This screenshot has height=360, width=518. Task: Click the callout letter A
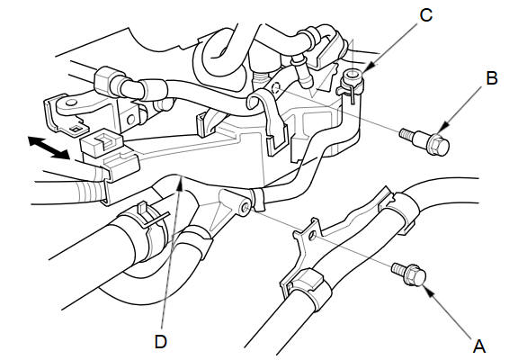click(x=479, y=346)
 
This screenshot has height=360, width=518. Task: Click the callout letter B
click(x=492, y=78)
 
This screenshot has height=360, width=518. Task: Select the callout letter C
click(x=426, y=15)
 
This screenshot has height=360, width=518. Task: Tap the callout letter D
click(x=161, y=341)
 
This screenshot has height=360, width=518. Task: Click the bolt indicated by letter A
click(x=409, y=274)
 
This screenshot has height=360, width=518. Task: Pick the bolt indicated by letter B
click(x=424, y=140)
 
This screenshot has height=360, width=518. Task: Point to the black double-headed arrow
click(x=49, y=148)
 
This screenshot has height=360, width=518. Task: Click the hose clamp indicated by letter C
click(x=351, y=84)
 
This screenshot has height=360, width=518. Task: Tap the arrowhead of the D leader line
click(x=181, y=183)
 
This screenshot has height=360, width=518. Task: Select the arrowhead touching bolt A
click(x=427, y=292)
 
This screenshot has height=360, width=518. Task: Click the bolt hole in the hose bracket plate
click(x=311, y=237)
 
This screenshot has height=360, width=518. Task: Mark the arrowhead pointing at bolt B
click(x=442, y=127)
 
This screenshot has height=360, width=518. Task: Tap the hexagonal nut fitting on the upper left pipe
click(x=105, y=81)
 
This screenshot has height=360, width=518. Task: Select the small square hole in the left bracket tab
click(x=76, y=130)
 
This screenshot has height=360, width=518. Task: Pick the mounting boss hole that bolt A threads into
click(x=246, y=208)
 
